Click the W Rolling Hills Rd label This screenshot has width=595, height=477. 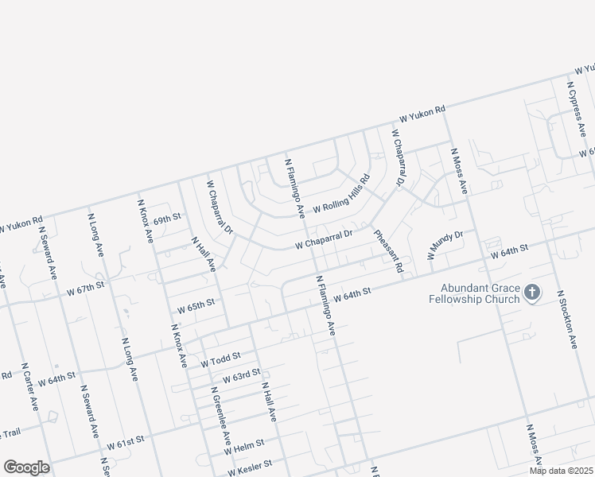[342, 195]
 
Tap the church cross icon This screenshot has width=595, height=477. [531, 294]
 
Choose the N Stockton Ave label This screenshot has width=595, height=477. [566, 320]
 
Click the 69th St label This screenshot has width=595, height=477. [168, 217]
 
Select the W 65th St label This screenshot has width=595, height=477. [196, 304]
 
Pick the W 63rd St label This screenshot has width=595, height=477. [242, 374]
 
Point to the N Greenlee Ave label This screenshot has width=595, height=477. [220, 415]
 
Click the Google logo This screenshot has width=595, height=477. [26, 467]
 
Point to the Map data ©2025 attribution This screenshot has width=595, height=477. [561, 471]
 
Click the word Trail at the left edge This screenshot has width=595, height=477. [10, 433]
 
